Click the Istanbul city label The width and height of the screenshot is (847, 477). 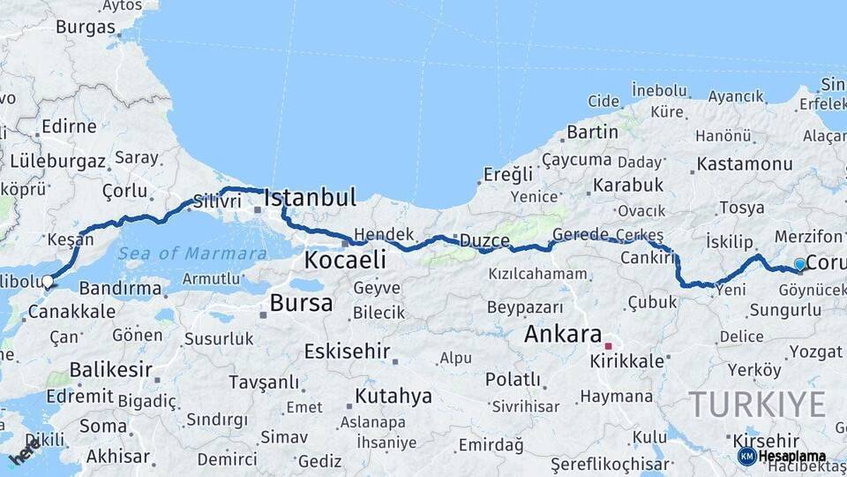pos(310,197)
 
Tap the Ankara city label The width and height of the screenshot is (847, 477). pos(562,334)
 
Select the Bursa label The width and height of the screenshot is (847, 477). pos(302,304)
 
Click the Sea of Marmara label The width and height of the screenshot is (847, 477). pos(191,254)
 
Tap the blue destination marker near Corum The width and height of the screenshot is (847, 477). pos(799,264)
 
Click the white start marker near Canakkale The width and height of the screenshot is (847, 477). pos(47,282)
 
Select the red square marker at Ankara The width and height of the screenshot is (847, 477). pos(608,345)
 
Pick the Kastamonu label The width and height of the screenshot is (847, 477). pos(744,164)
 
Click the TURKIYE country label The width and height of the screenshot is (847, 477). pos(757,405)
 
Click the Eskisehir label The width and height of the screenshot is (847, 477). pos(347,351)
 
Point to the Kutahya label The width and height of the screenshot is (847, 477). pos(394,396)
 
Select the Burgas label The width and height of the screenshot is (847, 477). pos(86,26)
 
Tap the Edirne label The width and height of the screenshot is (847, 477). pos(69,126)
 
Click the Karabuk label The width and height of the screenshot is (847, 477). pos(627,185)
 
